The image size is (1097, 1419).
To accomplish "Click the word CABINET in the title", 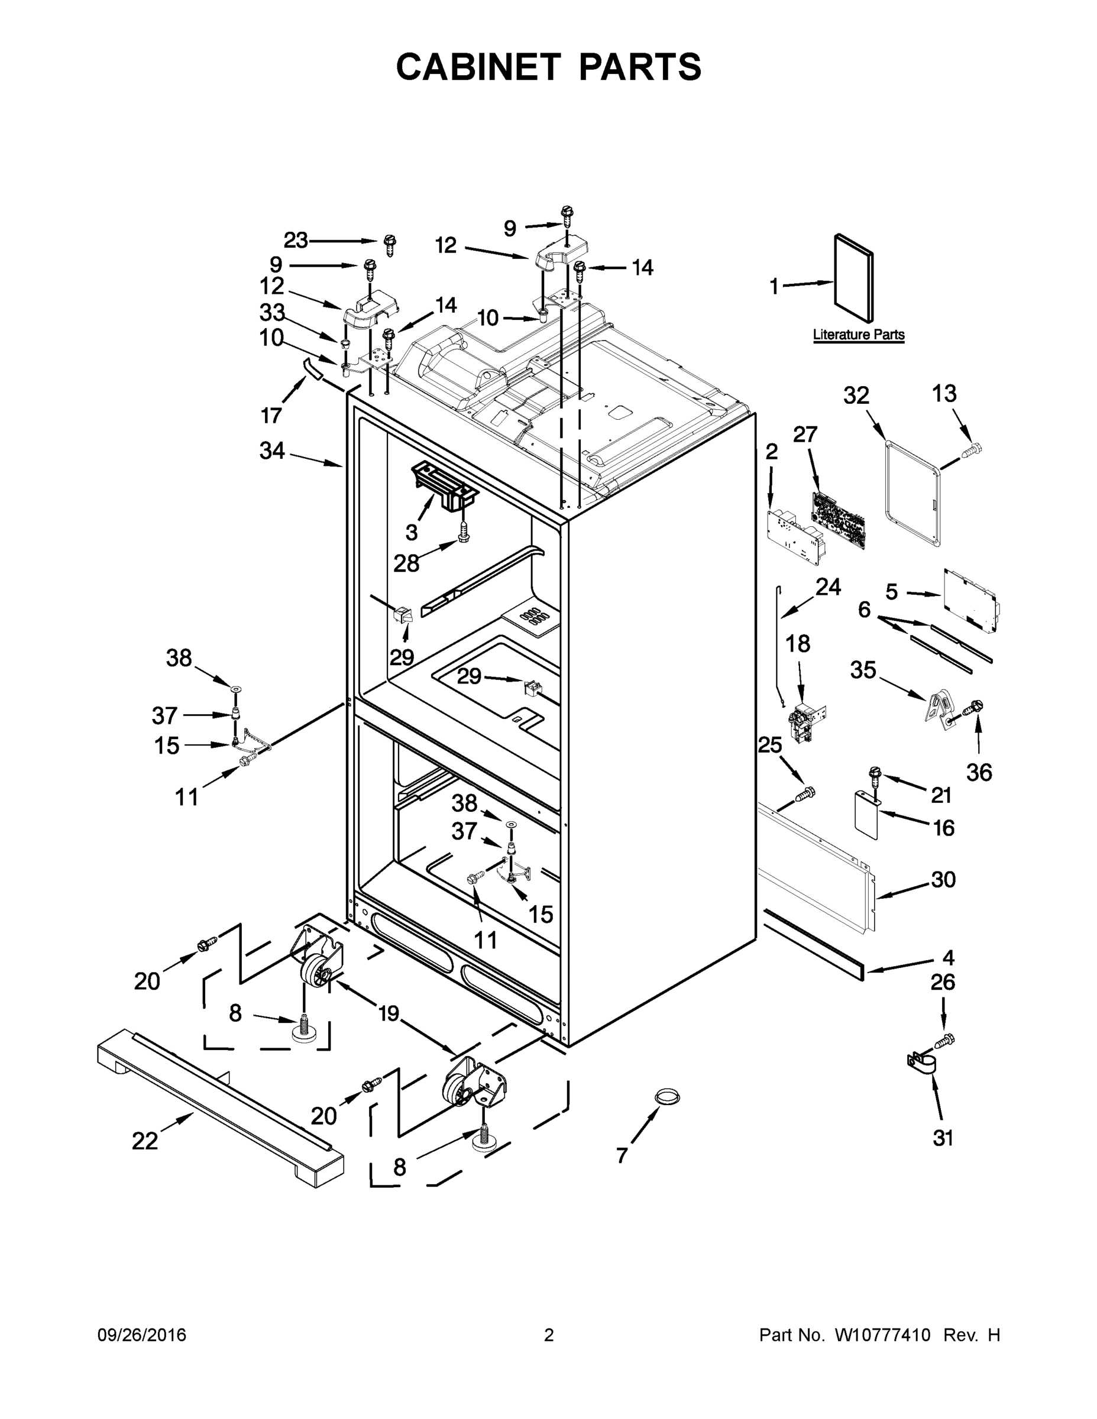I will click(478, 66).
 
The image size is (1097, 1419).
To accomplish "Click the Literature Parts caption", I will click(859, 335).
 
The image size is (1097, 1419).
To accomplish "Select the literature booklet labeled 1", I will click(853, 278).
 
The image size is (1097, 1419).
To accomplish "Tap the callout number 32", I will click(856, 395).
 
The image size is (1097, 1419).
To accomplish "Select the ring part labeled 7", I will click(665, 1097).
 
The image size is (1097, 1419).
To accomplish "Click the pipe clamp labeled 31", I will click(924, 1064).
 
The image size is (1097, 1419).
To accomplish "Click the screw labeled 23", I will click(390, 245).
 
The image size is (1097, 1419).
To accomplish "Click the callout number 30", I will click(943, 880).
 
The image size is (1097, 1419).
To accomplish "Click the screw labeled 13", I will click(972, 449).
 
